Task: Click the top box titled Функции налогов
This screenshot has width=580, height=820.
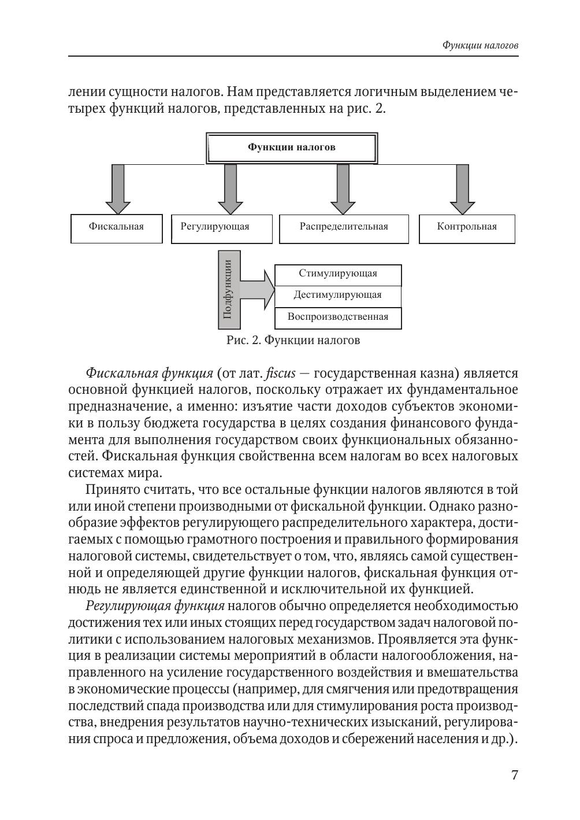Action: click(x=292, y=147)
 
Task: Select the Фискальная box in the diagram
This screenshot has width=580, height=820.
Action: click(x=116, y=227)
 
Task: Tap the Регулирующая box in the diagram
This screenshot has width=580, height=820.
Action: click(x=221, y=227)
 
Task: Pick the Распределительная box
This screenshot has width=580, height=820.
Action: click(x=344, y=227)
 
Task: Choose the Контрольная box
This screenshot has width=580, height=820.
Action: click(x=467, y=227)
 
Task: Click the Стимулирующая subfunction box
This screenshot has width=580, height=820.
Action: click(x=338, y=274)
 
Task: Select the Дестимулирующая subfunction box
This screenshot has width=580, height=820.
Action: click(x=338, y=295)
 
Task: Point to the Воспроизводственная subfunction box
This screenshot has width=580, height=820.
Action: click(x=338, y=317)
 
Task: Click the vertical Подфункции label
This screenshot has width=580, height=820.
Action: click(x=228, y=289)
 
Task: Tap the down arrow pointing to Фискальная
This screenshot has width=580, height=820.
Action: click(x=118, y=189)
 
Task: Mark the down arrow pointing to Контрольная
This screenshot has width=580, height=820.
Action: click(x=462, y=189)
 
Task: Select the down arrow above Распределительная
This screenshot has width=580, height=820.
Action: click(x=343, y=189)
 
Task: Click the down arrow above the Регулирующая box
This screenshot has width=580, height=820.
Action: click(x=230, y=189)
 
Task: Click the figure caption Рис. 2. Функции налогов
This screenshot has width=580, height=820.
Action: click(x=293, y=341)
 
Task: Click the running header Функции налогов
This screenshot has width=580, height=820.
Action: click(x=480, y=45)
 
